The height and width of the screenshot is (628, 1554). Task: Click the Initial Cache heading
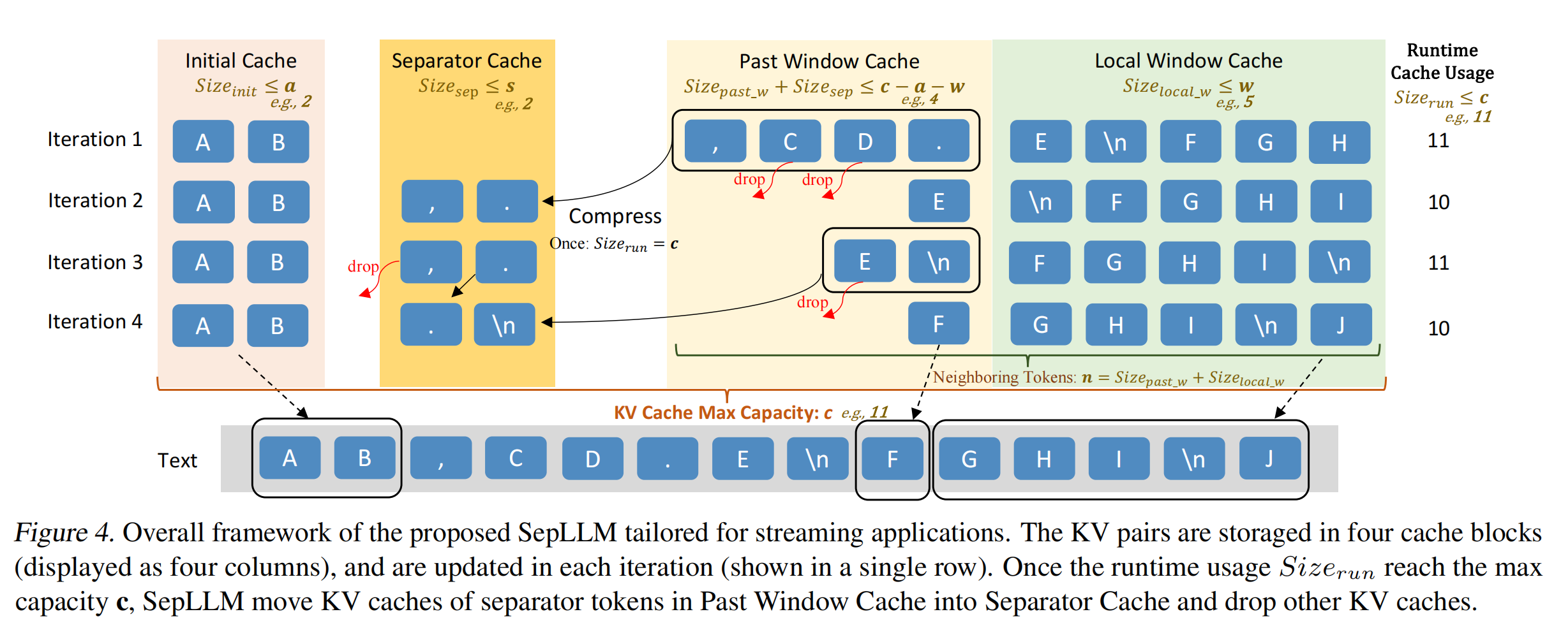241,61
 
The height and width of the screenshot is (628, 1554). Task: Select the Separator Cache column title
466,61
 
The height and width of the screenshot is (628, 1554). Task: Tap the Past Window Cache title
829,61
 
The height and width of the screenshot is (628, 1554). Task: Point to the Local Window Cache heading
1188,61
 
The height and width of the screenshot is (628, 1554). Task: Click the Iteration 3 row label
94,262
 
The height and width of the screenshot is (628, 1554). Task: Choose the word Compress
615,216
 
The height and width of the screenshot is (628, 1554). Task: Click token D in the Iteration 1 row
865,142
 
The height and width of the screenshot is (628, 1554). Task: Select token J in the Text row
1269,458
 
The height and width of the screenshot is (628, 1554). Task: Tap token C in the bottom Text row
516,458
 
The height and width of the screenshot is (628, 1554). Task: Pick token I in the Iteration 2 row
1340,202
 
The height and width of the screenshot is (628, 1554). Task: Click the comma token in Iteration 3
431,262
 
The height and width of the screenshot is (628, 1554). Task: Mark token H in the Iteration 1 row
1339,142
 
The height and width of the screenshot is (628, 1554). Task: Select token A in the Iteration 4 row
203,326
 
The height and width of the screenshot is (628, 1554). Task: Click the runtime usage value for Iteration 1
1438,140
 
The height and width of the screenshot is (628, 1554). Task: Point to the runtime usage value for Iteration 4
1438,328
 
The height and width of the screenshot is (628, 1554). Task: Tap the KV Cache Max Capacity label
722,413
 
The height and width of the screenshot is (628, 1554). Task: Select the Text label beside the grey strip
177,460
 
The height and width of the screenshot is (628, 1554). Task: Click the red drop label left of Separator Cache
363,267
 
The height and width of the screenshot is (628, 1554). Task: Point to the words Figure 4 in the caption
64,532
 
